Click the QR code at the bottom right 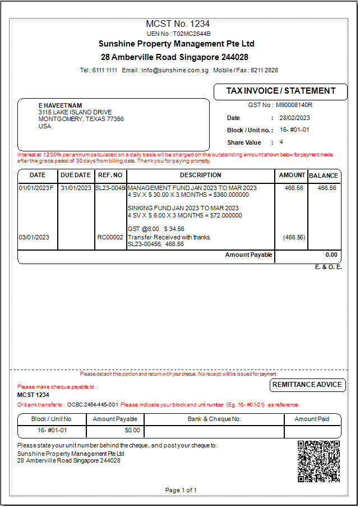coord(319,461)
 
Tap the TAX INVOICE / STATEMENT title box coord(280,91)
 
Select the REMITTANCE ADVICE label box coord(307,385)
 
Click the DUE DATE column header coord(75,176)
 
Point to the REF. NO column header coord(110,176)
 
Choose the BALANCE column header coord(324,176)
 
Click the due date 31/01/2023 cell coord(76,188)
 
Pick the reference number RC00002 coord(110,237)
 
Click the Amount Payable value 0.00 coord(331,255)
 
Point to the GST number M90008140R coord(294,105)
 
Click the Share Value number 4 coord(281,142)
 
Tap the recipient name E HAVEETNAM coord(60,105)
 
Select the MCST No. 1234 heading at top coord(178,24)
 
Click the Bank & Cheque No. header coord(214,419)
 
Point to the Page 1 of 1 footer coord(181,490)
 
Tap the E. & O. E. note coord(328,267)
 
